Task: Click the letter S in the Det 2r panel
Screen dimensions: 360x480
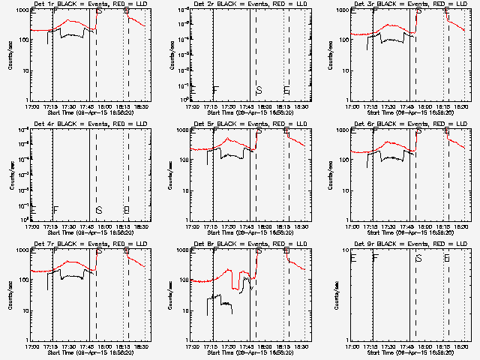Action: [259, 90]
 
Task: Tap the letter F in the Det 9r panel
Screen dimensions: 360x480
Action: [376, 258]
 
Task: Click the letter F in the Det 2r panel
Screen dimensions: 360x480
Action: [216, 90]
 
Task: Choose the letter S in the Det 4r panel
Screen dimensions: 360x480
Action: [99, 210]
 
